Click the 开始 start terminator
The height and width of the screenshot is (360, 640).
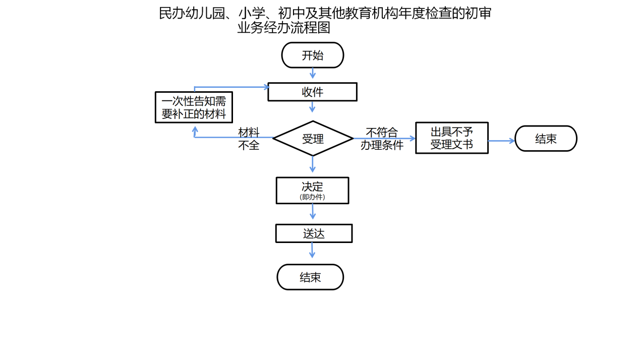[x=312, y=55]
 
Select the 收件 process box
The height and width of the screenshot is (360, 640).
[x=312, y=92]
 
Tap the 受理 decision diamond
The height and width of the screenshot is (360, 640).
[x=313, y=138]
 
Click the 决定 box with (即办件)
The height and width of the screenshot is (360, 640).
[x=312, y=190]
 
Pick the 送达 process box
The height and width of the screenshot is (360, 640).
[x=313, y=233]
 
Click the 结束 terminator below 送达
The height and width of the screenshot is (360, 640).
[x=310, y=277]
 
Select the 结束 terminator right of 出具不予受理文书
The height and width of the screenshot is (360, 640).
[x=546, y=139]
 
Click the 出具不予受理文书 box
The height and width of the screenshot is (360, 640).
[x=451, y=138]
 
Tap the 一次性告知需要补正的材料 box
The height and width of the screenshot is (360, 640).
[x=194, y=107]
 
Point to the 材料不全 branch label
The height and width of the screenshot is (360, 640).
[x=249, y=139]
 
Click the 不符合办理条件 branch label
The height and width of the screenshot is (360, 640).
[x=382, y=139]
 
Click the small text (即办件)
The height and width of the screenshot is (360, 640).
[x=312, y=197]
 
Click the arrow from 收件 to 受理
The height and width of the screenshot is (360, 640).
[x=312, y=107]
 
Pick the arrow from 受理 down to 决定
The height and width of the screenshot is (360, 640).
[x=313, y=164]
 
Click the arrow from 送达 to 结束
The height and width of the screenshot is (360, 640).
[x=312, y=251]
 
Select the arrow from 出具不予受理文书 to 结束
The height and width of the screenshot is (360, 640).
[x=501, y=141]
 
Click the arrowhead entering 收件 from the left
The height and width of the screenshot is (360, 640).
[x=266, y=87]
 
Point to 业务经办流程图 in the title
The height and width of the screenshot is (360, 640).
[x=283, y=28]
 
